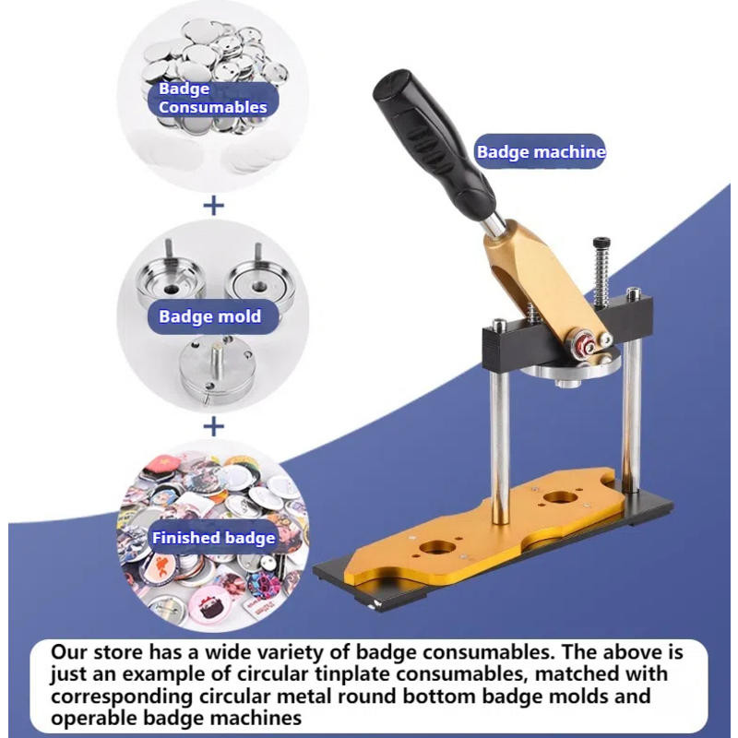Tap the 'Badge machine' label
pos(541,152)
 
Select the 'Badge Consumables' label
pos(212,98)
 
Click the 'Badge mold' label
pos(209,316)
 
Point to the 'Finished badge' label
pos(213,537)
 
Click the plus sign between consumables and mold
pos(213,205)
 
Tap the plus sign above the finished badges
pos(213,426)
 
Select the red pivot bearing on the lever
pos(584,347)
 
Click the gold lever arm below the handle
pos(535,277)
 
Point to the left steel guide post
pos(499,434)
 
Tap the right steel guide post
pos(632,406)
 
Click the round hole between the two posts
pos(556,499)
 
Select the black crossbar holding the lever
pos(517,341)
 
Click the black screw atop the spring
pos(601,244)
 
